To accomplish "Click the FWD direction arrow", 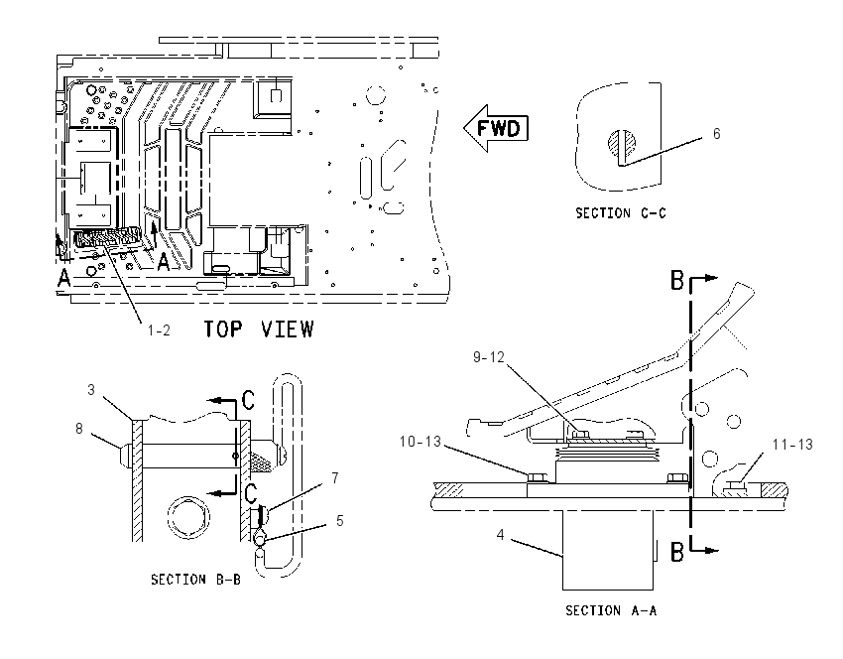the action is pos(496,128).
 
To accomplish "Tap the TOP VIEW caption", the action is pos(259,329).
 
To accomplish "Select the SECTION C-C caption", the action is pos(621,213).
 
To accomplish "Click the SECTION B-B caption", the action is pos(195,580).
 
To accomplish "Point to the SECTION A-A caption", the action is pos(611,610).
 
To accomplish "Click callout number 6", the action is pos(717,134).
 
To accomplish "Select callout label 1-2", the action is pos(159,330).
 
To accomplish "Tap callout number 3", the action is pos(91,389).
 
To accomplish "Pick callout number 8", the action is pos(79,429).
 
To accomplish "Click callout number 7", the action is pos(335,478).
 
